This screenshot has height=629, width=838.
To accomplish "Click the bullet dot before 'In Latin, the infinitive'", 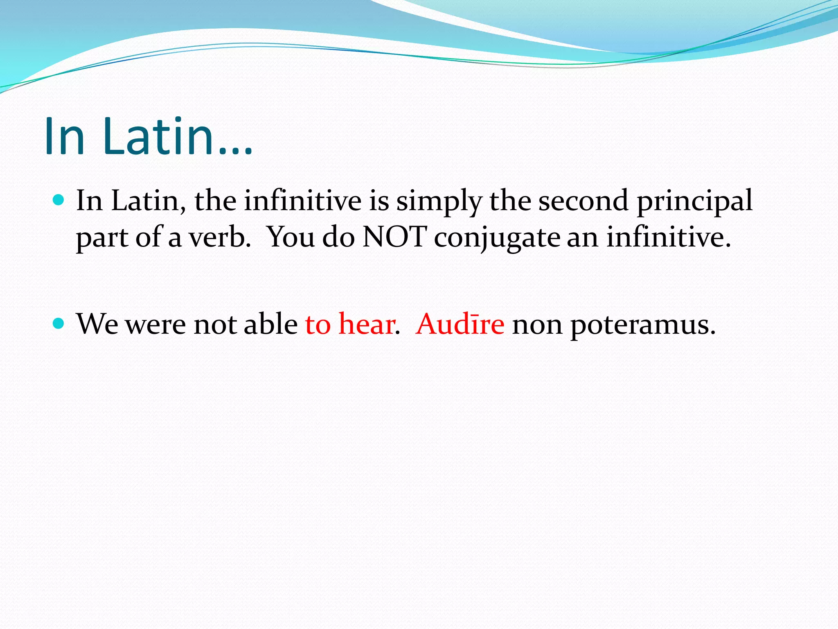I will [x=59, y=200].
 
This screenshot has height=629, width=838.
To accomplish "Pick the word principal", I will [x=695, y=202].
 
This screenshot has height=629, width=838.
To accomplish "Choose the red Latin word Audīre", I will [x=460, y=324].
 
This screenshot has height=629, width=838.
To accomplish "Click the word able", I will [x=271, y=324].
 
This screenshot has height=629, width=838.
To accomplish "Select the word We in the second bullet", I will [x=97, y=324].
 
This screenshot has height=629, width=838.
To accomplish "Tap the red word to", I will [x=318, y=324].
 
